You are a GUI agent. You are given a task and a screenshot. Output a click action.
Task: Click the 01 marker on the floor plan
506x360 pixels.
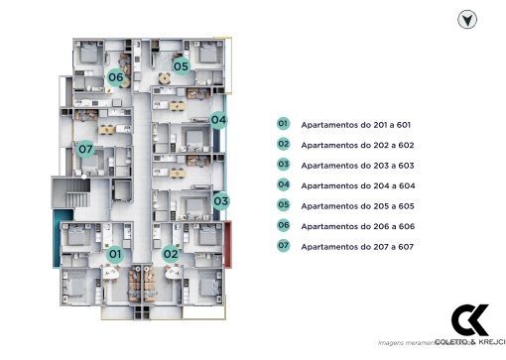pos(114,254)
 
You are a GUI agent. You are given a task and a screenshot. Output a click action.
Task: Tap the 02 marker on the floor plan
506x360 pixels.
pos(170,253)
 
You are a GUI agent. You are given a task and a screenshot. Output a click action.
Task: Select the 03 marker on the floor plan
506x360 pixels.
pos(221,200)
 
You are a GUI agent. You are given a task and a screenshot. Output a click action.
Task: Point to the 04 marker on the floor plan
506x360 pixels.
pos(219,120)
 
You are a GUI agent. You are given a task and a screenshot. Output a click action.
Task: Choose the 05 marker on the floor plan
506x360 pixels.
pos(181,66)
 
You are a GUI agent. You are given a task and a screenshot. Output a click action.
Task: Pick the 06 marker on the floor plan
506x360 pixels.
pos(115,77)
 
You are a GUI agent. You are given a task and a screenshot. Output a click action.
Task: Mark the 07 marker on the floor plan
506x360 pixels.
pos(85,150)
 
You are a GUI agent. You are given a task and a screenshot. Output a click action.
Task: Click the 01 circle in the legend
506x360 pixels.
pos(283,124)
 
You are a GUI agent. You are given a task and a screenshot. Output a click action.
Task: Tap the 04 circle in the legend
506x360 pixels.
pos(283,184)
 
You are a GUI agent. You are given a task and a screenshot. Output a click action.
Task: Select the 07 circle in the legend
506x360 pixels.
pos(283,245)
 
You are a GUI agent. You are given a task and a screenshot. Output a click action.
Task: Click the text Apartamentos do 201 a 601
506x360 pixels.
pos(355,125)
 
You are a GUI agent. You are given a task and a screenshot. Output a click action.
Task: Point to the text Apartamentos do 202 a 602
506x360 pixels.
pos(356,145)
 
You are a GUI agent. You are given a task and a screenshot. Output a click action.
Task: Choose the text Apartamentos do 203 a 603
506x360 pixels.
pos(356,166)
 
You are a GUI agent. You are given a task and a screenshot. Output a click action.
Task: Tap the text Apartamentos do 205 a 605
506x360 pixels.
pos(356,205)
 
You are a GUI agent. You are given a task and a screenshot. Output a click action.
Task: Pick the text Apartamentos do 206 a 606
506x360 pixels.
pos(356,226)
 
